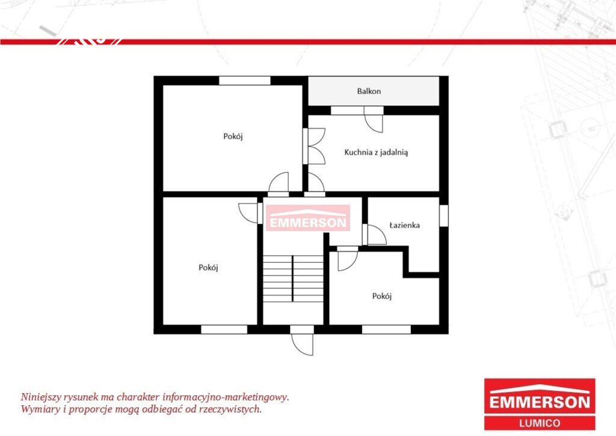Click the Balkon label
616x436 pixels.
[369, 91]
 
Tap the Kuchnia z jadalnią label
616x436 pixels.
[376, 152]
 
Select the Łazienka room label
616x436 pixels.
[405, 225]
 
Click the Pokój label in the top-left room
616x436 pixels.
[233, 137]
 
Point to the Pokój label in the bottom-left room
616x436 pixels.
[208, 268]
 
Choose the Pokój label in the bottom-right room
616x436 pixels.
[382, 296]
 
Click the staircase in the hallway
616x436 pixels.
[293, 279]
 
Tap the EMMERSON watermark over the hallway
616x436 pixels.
[308, 218]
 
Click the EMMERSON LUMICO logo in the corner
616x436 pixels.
[540, 404]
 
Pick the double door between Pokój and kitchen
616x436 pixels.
[314, 146]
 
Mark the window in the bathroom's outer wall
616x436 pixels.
[443, 216]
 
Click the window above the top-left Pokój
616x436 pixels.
[245, 81]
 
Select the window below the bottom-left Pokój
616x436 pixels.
[224, 329]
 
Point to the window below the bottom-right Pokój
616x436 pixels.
[386, 329]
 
